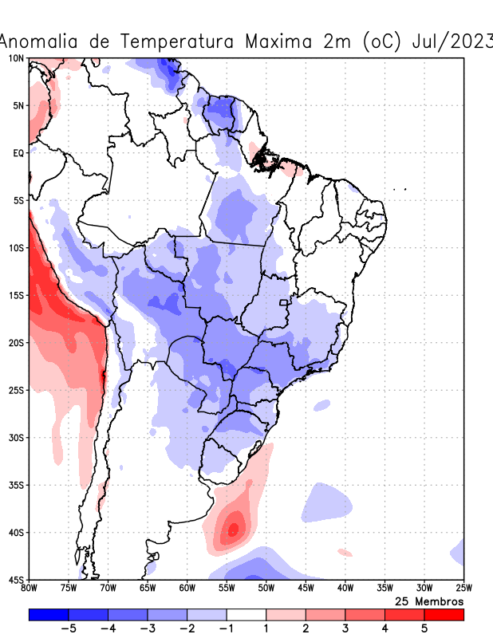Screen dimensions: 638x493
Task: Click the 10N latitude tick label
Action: tap(15, 58)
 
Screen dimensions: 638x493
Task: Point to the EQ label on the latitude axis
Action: tap(18, 152)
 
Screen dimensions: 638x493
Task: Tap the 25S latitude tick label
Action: tap(15, 390)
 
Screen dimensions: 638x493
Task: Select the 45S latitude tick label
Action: tap(15, 579)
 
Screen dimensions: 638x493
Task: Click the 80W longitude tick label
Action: tap(29, 589)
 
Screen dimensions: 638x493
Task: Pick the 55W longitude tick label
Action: tap(227, 589)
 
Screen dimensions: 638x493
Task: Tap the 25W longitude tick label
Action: tap(463, 589)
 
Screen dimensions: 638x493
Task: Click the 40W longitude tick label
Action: tap(345, 589)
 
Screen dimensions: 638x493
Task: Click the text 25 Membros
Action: tap(429, 601)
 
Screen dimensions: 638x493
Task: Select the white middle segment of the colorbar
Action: tap(246, 615)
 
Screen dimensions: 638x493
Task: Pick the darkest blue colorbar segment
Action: tap(49, 615)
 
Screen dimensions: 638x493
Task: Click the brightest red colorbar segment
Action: tap(444, 615)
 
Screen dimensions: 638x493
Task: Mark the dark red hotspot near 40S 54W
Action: tap(233, 528)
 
